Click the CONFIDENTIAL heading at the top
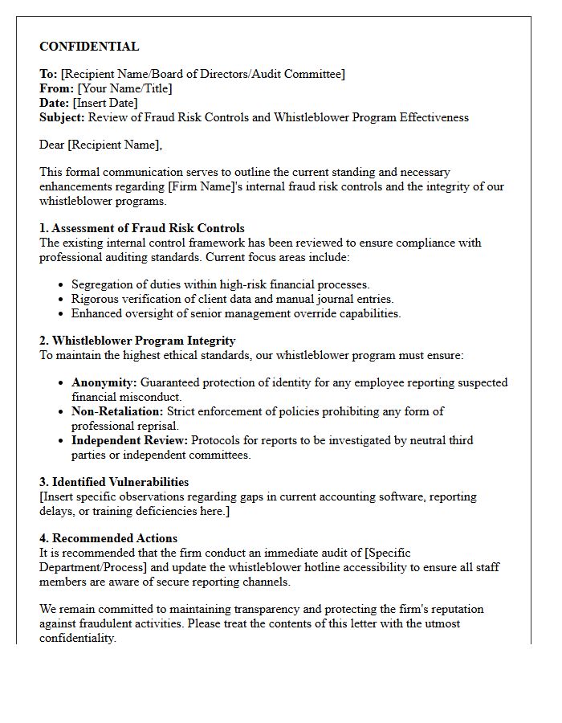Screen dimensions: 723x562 [89, 47]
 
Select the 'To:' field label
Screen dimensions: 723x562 [48, 74]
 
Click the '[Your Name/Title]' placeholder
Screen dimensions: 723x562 [124, 88]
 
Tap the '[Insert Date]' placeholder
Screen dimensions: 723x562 [105, 103]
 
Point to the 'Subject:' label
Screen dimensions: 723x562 [62, 117]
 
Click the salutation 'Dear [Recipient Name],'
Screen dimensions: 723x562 [100, 145]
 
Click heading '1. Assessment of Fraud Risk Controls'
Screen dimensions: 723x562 [142, 228]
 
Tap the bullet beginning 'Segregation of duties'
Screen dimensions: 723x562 [221, 284]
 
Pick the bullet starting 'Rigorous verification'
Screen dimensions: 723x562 [232, 299]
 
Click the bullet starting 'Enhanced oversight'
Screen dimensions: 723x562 [236, 313]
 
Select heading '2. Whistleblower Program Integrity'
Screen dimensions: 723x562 [137, 341]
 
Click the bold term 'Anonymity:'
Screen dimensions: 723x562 [104, 382]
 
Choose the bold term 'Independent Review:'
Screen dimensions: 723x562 [130, 440]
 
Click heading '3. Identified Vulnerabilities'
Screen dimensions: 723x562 [114, 482]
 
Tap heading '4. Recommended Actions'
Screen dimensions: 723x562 [108, 538]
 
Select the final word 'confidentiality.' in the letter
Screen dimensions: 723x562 [78, 638]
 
